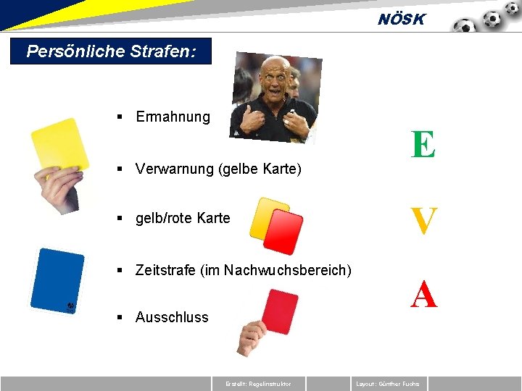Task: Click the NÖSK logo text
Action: [x=401, y=20]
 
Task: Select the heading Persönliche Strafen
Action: [x=111, y=52]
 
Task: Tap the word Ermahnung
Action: [x=173, y=117]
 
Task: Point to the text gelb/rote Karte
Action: [x=183, y=218]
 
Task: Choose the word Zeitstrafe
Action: [x=167, y=270]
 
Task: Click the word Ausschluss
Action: [x=172, y=317]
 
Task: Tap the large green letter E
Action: [x=423, y=145]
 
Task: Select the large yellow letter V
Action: [x=424, y=222]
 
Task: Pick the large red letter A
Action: [x=424, y=295]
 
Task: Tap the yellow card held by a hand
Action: [x=59, y=145]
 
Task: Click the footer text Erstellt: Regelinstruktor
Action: [x=259, y=384]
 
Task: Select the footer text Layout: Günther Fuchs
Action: [x=388, y=384]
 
